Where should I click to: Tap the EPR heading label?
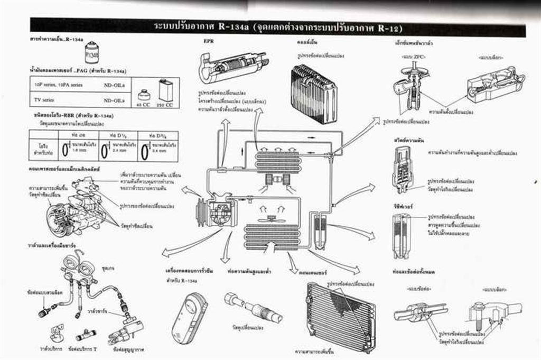point(208,41)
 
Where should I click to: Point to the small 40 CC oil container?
point(142,96)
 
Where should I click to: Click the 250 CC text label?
point(166,105)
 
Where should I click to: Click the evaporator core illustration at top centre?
point(314,93)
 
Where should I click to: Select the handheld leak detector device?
point(189,318)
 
